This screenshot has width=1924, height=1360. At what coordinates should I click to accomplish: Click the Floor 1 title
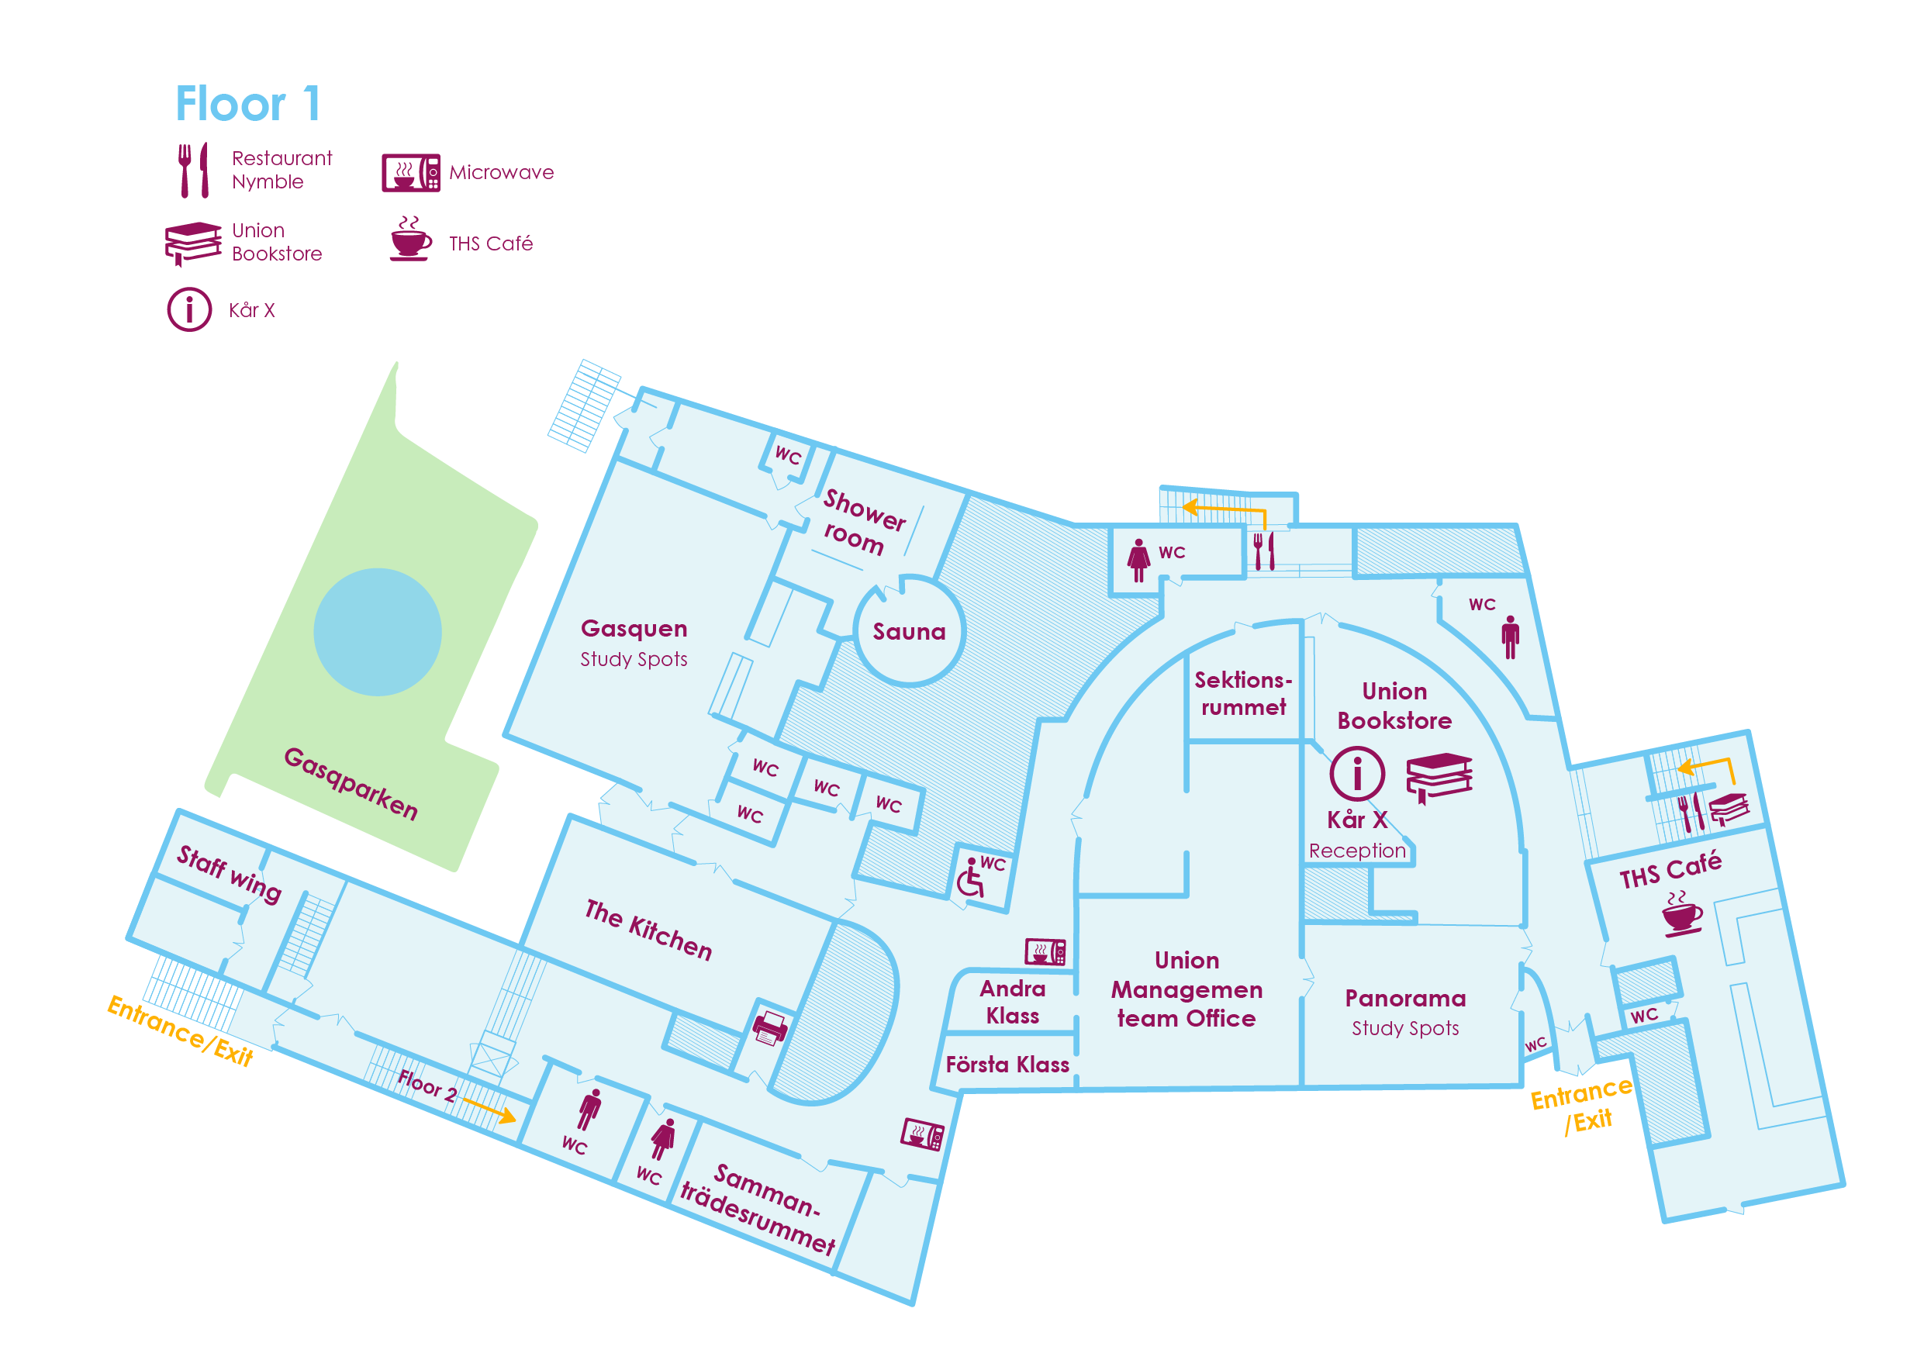[x=247, y=104]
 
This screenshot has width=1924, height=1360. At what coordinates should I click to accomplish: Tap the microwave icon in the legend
[x=410, y=173]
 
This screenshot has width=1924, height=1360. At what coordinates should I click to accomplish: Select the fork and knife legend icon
[x=194, y=170]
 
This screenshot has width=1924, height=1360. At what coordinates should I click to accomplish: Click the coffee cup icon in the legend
[x=410, y=239]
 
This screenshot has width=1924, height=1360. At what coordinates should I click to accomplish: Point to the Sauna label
[x=909, y=632]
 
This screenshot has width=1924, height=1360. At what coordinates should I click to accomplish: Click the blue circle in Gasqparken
[x=378, y=632]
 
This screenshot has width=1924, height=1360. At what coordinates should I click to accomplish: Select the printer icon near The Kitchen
[x=770, y=1027]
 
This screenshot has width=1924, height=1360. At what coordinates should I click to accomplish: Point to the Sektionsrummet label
[x=1244, y=693]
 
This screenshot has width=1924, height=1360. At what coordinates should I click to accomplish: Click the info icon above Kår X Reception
[x=1356, y=773]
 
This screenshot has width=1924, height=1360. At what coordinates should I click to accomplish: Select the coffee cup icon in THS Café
[x=1682, y=913]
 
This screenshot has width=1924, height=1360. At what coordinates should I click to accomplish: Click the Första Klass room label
[x=1007, y=1065]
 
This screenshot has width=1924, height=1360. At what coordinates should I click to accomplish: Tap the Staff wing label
[x=229, y=874]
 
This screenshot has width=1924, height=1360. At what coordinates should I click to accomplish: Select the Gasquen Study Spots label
[x=634, y=643]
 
